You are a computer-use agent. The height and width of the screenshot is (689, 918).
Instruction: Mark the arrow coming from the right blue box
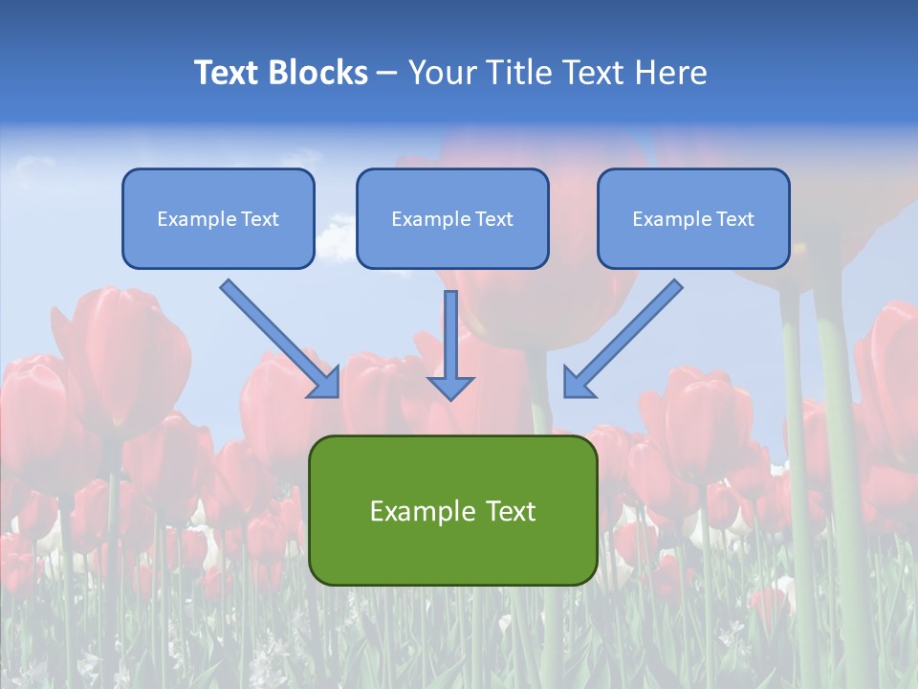coord(626,335)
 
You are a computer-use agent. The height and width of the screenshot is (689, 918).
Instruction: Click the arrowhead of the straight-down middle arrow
coord(450,387)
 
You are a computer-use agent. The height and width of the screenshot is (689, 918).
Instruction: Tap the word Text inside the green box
coord(510,511)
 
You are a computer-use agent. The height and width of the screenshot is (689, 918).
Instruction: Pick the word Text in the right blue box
coord(735,219)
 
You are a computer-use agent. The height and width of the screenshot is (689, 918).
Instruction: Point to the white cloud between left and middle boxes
coord(335,239)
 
